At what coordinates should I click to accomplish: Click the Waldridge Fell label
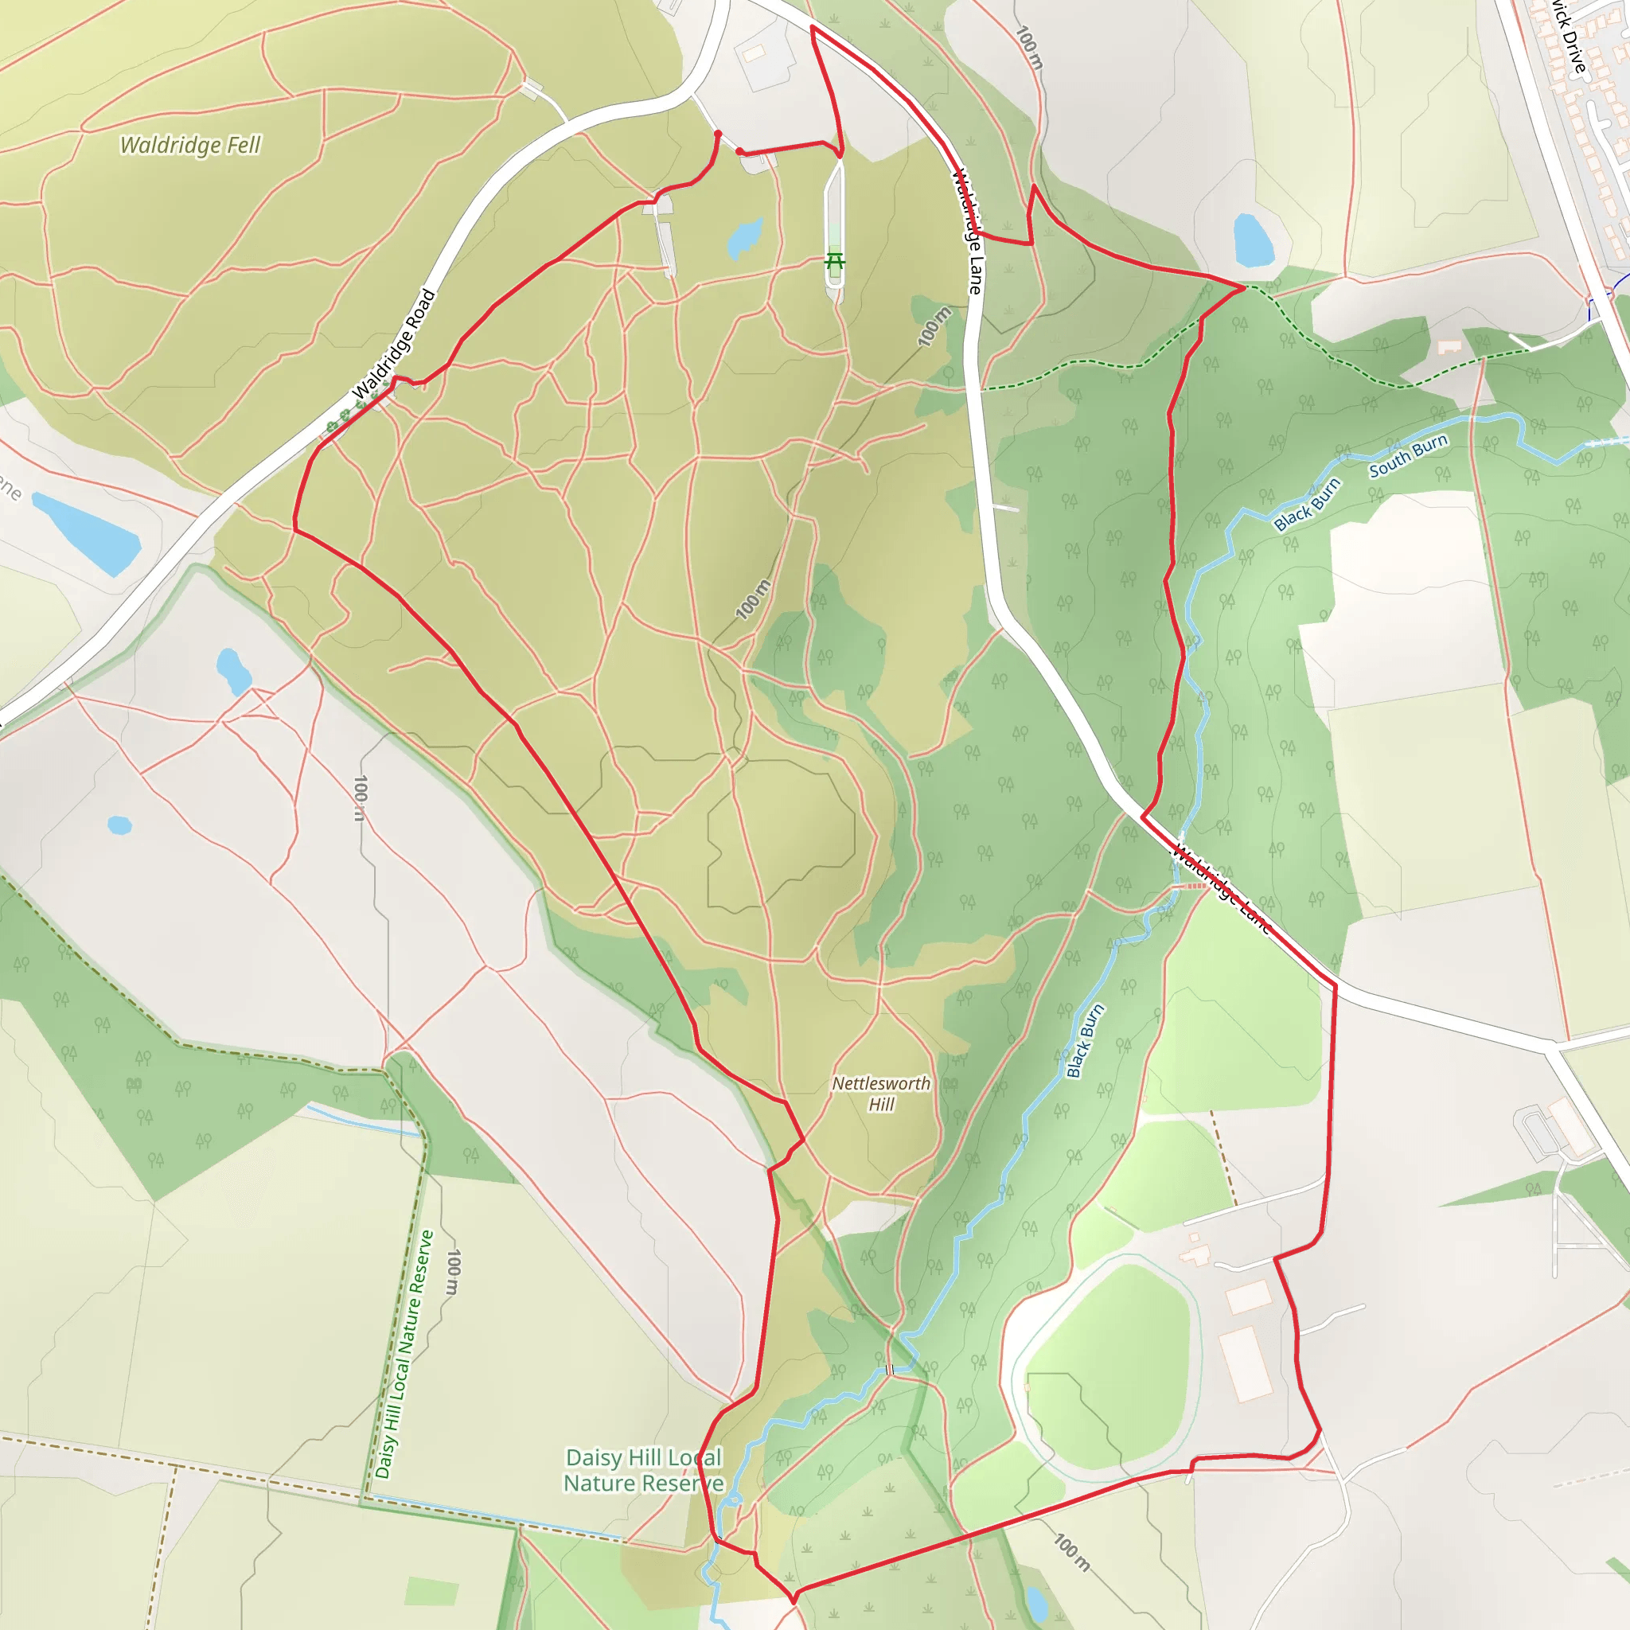coord(191,145)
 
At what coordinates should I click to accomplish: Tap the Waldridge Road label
coord(394,344)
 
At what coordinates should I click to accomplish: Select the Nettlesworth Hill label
coord(881,1094)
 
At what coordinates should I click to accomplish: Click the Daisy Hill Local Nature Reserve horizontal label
coord(644,1471)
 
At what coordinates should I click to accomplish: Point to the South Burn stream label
coord(1408,455)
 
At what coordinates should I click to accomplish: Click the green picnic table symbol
coord(834,263)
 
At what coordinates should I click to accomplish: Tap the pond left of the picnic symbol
coord(745,239)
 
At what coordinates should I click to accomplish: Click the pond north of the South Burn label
coord(1253,240)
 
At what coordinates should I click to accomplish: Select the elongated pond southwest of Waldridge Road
coord(86,533)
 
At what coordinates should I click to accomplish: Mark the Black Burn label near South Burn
coord(1307,505)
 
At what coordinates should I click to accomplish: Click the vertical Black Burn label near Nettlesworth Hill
coord(1085,1041)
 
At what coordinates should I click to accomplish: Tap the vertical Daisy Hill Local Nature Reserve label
coord(405,1354)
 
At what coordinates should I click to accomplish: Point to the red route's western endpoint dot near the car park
coord(717,133)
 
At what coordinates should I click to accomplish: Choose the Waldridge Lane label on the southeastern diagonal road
coord(1220,888)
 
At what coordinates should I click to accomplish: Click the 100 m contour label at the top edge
coord(1028,48)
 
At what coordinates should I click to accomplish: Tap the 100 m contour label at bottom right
coord(1071,1552)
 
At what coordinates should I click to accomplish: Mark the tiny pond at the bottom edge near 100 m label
coord(1036,1600)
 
